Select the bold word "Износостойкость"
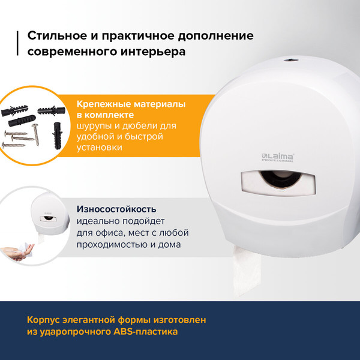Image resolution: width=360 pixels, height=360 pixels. [x=116, y=209]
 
